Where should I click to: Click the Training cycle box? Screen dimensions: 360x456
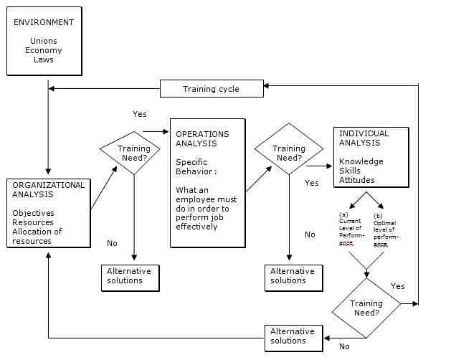[211, 89]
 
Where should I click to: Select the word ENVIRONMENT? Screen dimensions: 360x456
[44, 22]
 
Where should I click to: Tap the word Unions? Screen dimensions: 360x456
[43, 42]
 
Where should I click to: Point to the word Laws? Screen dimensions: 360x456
[44, 60]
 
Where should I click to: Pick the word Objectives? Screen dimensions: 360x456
[33, 213]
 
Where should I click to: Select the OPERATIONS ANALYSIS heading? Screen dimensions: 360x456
[202, 138]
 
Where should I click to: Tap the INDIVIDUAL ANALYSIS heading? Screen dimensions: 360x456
[364, 138]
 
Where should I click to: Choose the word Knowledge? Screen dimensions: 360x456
[361, 161]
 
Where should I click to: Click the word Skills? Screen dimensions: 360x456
[351, 171]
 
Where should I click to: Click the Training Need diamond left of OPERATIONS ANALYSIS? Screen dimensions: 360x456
[134, 153]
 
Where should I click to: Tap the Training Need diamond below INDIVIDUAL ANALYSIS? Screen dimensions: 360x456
[366, 308]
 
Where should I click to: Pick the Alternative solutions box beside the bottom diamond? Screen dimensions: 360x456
[293, 336]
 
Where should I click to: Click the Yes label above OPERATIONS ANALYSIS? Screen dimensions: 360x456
[140, 114]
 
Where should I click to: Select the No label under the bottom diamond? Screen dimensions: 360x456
[344, 346]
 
